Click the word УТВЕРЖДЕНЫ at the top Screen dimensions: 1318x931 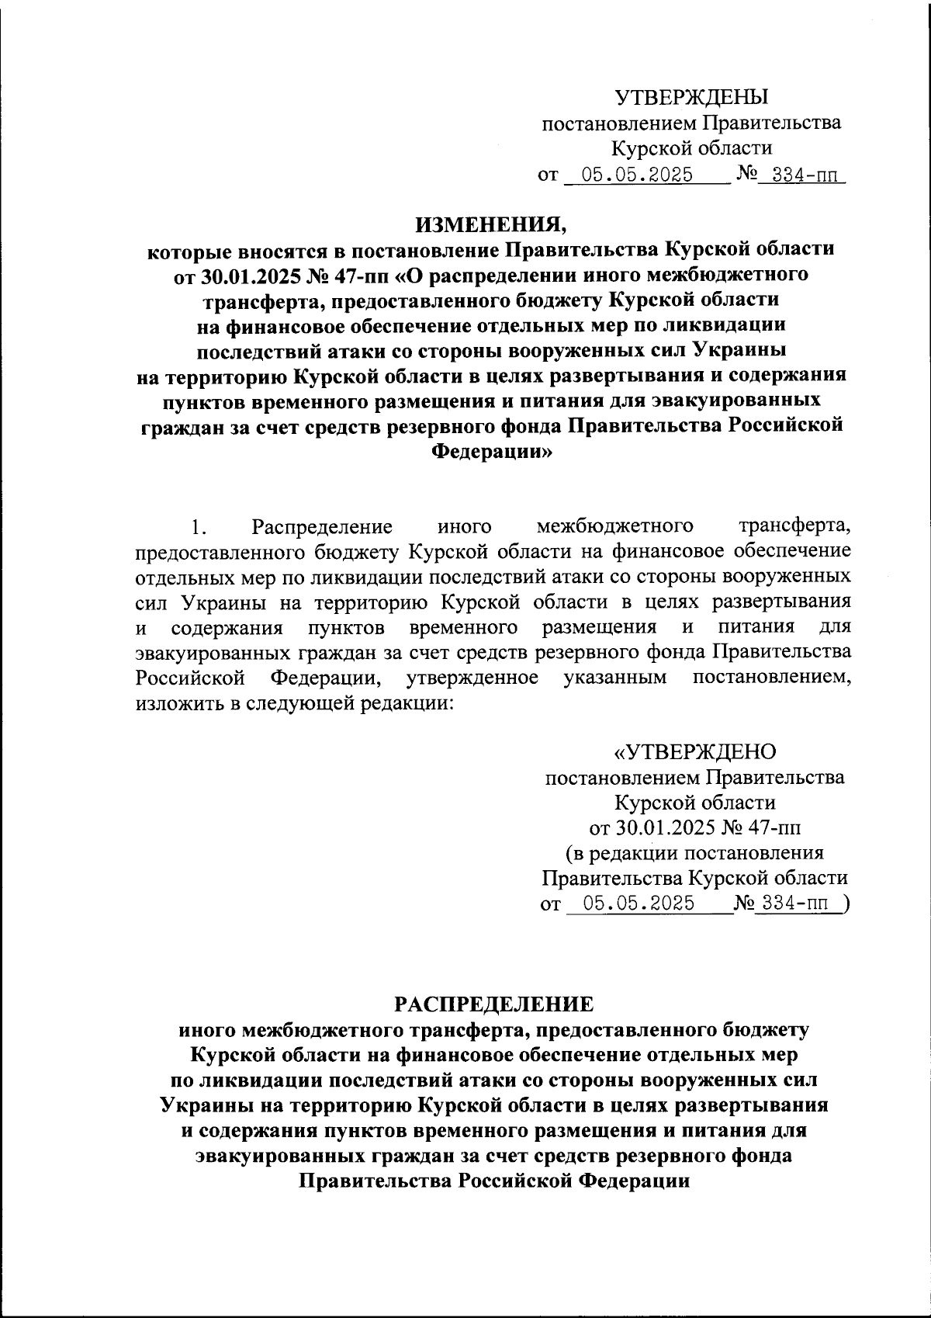click(690, 97)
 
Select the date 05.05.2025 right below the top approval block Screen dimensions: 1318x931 click(637, 175)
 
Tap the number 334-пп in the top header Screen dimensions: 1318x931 click(799, 175)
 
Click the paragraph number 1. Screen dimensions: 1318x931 click(199, 527)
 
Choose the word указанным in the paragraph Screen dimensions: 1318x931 click(615, 677)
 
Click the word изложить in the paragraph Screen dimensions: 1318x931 click(173, 702)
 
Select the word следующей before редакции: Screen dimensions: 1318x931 click(296, 702)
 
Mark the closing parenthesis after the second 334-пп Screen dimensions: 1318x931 click(845, 904)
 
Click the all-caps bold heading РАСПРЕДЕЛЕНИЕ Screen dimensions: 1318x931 click(493, 1004)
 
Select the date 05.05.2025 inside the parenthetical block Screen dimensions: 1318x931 click(639, 904)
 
